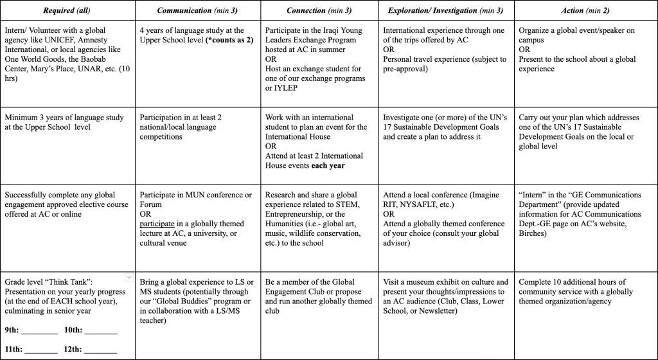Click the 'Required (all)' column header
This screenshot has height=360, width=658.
click(66, 10)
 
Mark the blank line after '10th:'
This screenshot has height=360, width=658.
click(101, 332)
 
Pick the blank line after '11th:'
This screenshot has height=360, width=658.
click(42, 351)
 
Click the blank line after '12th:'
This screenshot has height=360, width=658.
click(101, 351)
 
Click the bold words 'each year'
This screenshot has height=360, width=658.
click(328, 165)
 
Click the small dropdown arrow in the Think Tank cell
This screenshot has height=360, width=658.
click(129, 278)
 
